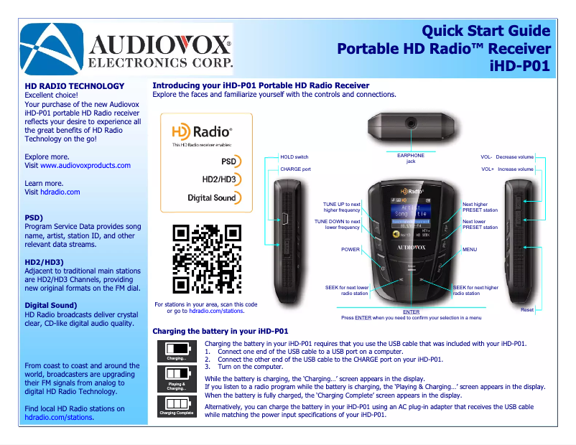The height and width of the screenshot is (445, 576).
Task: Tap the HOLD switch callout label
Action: (x=294, y=156)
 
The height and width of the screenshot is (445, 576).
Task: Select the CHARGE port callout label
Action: (x=295, y=169)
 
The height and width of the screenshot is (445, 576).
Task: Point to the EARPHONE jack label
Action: (x=411, y=159)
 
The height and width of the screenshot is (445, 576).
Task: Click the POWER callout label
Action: (x=350, y=250)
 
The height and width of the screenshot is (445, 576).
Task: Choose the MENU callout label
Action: (x=470, y=250)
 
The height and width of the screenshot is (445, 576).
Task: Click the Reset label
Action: (x=527, y=309)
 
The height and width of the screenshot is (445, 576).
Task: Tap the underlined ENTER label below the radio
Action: (x=411, y=312)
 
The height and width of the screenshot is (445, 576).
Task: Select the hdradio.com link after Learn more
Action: (x=60, y=192)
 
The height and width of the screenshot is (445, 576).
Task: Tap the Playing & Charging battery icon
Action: (x=176, y=378)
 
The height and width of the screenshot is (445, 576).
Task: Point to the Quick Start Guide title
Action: (x=486, y=31)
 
